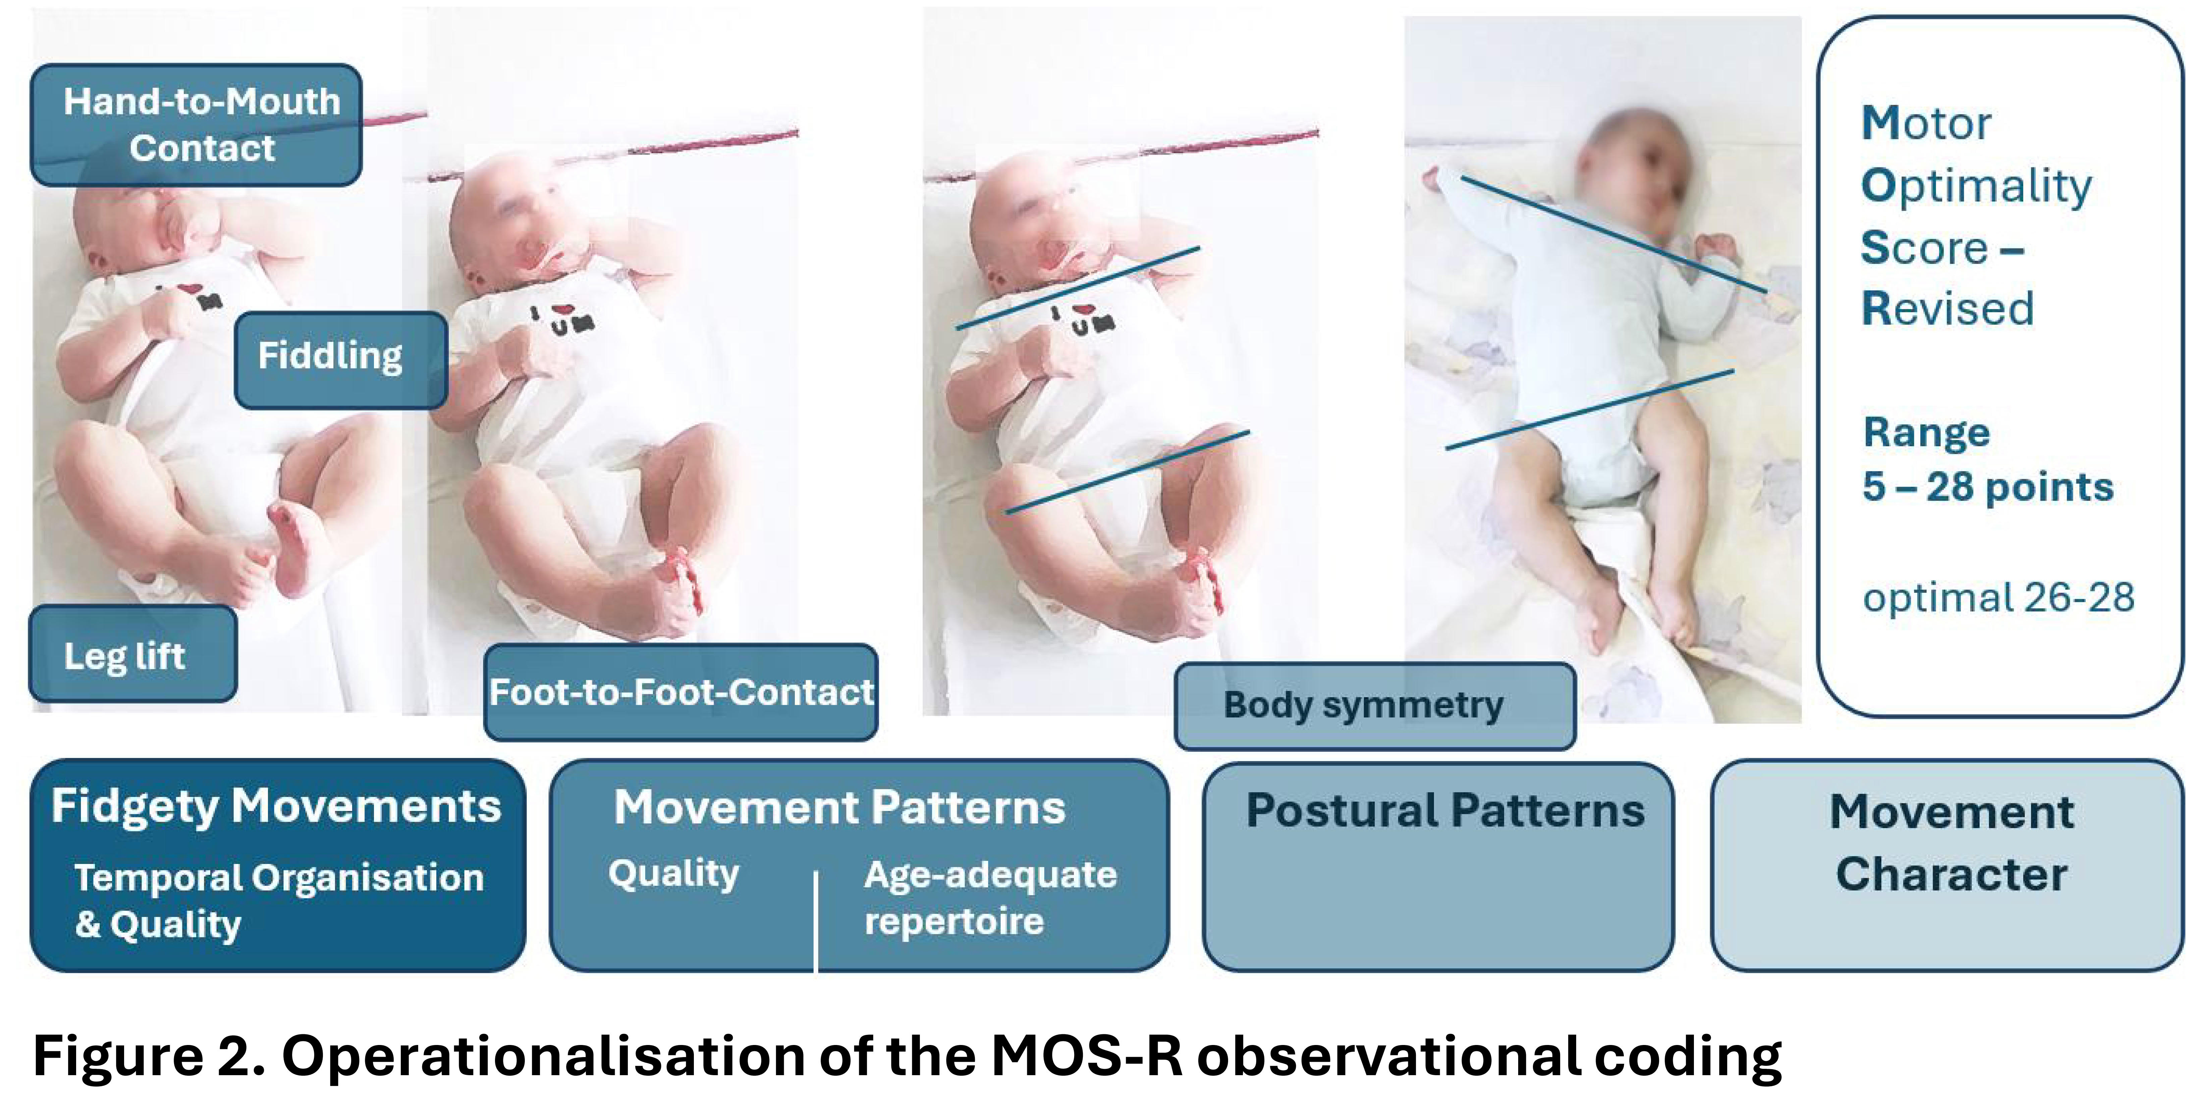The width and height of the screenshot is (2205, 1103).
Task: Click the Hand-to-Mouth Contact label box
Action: (196, 125)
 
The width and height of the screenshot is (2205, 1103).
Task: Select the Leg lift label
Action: (133, 654)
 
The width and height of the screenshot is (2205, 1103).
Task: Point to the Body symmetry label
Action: (1375, 706)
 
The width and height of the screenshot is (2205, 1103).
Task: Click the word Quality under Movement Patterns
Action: (674, 874)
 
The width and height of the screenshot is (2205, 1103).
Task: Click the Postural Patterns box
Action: (1438, 866)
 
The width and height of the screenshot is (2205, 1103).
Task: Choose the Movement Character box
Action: (1947, 866)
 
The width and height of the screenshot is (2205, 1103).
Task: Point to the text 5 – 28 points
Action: (1988, 486)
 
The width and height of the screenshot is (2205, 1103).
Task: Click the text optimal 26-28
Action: (1999, 597)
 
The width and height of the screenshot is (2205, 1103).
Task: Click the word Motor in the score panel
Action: (1926, 123)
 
